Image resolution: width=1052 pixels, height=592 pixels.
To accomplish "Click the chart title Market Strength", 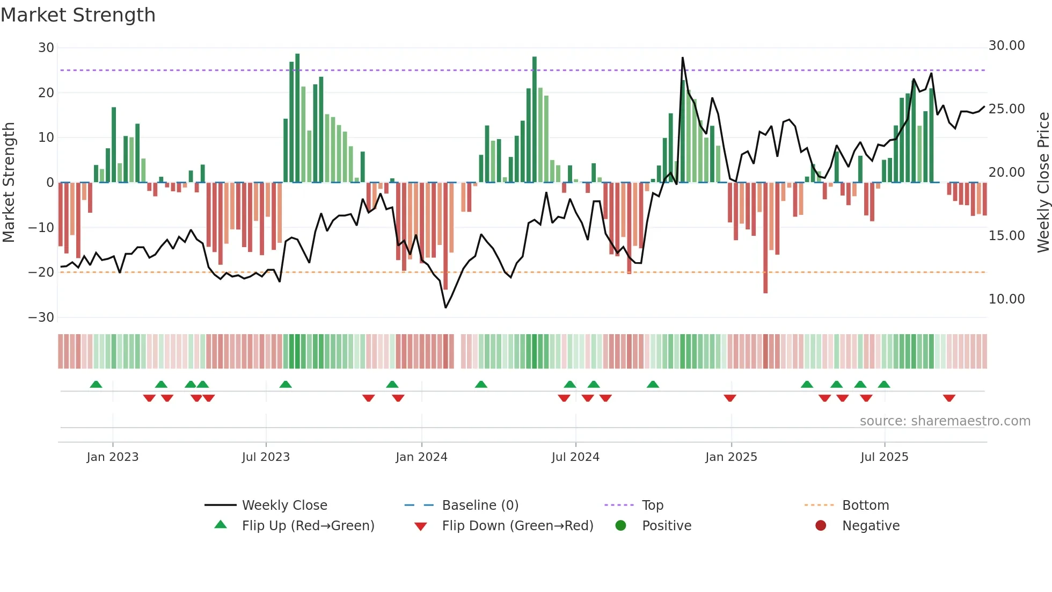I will (78, 15).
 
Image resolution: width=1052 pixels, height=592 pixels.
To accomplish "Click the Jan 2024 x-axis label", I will (421, 457).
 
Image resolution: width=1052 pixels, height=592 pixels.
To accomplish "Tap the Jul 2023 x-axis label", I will (266, 457).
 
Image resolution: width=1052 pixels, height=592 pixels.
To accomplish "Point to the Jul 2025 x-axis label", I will (884, 457).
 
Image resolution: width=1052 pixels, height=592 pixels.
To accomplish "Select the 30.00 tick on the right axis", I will (1006, 46).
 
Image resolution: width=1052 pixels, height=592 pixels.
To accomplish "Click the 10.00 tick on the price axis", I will (1006, 299).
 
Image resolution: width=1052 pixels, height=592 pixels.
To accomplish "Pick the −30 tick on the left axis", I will (41, 317).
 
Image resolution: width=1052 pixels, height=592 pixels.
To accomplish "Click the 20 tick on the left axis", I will (46, 93).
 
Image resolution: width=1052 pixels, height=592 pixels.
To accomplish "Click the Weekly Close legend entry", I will (284, 506).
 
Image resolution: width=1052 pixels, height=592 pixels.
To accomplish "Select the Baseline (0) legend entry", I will (480, 506).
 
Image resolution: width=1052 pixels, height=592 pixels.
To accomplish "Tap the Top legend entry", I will (653, 506).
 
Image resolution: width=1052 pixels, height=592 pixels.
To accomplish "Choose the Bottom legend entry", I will (865, 506).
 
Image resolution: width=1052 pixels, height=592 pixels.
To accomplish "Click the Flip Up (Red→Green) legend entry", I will (308, 526).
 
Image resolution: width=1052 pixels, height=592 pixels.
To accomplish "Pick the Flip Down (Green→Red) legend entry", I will (517, 526).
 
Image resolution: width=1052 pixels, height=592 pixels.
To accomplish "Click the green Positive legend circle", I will (621, 526).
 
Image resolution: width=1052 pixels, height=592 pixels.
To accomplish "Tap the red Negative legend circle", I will (821, 526).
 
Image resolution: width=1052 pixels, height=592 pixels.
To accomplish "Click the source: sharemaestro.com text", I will (945, 421).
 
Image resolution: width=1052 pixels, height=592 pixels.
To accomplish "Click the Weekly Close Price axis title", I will (1043, 183).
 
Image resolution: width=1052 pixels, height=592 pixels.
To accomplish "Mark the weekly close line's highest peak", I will (683, 57).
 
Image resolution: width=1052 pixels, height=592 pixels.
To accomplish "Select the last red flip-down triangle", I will (949, 398).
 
